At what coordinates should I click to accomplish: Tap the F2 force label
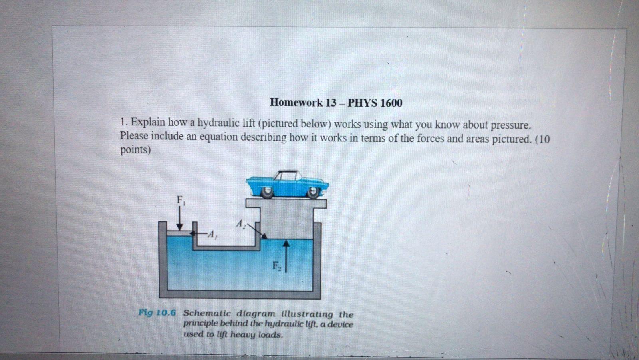277,266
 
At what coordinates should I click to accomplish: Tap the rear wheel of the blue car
267,193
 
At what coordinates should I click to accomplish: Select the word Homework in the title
296,103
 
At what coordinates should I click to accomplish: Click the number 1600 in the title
391,103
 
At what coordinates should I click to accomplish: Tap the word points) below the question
135,150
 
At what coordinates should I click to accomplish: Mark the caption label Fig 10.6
157,312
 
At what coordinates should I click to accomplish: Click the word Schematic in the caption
207,313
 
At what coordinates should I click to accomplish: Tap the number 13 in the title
331,103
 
